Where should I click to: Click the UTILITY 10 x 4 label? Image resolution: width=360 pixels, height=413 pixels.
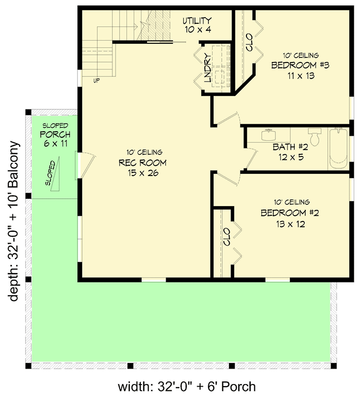coord(197,25)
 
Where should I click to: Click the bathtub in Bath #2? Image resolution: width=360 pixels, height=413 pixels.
coord(339,148)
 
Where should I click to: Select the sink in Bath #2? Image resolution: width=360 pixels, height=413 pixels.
coord(268,136)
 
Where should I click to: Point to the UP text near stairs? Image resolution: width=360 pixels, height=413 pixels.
coord(96,81)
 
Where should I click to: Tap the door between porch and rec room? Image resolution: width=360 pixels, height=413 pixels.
coord(85,165)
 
